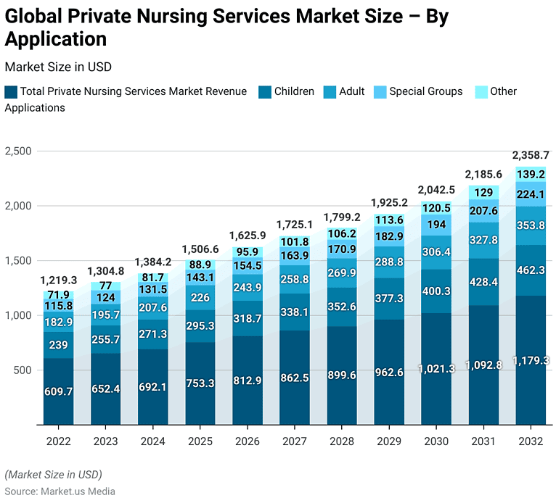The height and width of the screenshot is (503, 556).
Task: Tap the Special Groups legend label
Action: pyautogui.click(x=425, y=91)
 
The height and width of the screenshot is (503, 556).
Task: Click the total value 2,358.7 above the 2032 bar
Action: pyautogui.click(x=531, y=155)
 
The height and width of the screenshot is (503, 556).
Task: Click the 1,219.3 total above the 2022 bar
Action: pyautogui.click(x=59, y=280)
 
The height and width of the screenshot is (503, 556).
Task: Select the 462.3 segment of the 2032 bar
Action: pyautogui.click(x=531, y=270)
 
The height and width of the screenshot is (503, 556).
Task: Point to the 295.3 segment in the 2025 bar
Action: pyautogui.click(x=200, y=326)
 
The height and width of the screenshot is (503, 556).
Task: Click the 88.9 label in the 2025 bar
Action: pyautogui.click(x=200, y=265)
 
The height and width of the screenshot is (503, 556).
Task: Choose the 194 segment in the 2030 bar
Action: pyautogui.click(x=436, y=225)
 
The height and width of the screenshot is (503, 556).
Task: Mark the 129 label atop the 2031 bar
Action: pyautogui.click(x=483, y=192)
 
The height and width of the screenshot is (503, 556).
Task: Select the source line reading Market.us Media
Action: pyautogui.click(x=60, y=491)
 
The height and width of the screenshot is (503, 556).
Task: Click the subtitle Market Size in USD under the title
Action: pyautogui.click(x=57, y=67)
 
